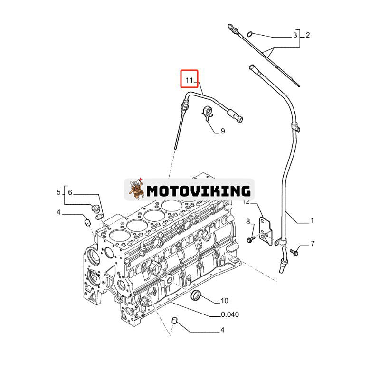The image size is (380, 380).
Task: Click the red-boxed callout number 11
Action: tap(189, 80)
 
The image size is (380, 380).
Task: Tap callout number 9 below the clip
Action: tap(222, 131)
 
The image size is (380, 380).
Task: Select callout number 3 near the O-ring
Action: tap(295, 35)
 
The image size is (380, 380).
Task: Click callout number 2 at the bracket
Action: tap(307, 35)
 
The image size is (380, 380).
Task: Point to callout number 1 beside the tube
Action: tap(312, 220)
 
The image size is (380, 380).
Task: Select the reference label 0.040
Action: tap(230, 314)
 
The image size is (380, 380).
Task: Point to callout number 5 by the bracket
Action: tap(59, 192)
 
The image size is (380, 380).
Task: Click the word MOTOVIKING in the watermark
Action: tap(198, 190)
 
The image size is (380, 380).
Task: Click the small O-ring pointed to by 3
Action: tap(251, 34)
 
